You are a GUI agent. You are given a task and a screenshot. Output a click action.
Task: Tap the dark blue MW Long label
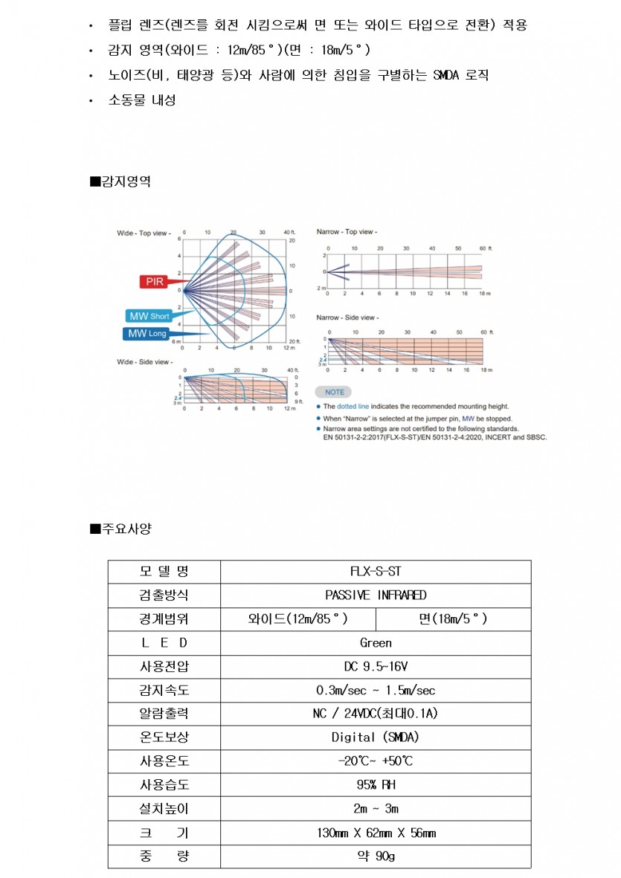(147, 334)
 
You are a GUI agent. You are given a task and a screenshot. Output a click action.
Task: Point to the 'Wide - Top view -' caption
(144, 233)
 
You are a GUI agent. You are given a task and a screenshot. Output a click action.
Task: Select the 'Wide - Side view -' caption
(144, 362)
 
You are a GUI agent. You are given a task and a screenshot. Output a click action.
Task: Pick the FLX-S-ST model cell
(376, 572)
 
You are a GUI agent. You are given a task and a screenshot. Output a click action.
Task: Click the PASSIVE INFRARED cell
(376, 595)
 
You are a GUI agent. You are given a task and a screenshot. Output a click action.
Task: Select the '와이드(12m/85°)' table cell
(298, 619)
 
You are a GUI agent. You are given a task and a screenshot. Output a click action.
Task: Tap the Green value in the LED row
(376, 643)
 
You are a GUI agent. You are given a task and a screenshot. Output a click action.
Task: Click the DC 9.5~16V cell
(376, 667)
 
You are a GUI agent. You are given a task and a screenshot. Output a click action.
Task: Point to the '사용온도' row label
(164, 761)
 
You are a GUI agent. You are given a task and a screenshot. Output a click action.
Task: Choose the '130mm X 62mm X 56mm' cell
(376, 833)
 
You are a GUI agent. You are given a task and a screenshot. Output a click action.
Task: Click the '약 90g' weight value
(376, 856)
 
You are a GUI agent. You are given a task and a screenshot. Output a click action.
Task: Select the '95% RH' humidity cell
(376, 785)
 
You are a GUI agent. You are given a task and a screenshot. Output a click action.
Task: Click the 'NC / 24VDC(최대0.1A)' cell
(376, 714)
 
